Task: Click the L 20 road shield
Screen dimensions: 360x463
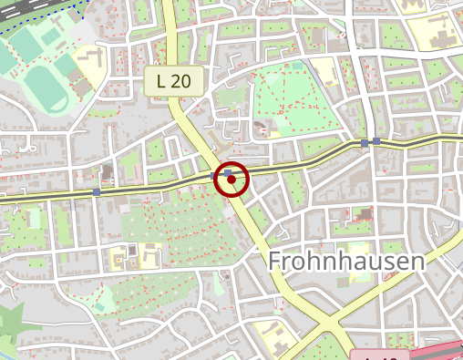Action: [x=173, y=80]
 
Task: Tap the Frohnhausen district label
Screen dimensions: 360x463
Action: [x=346, y=262]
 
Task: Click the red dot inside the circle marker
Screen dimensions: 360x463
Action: [x=231, y=180]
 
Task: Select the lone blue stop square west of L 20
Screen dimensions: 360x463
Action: [x=97, y=192]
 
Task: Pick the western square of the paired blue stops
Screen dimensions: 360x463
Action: [x=365, y=143]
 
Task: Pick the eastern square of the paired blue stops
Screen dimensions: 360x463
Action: [x=376, y=141]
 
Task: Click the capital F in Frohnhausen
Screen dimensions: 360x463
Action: [x=275, y=262]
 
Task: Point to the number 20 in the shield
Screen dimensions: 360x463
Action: [x=180, y=80]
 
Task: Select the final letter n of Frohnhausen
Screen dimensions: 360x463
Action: [x=417, y=262]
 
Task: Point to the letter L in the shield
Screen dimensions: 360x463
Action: [x=160, y=80]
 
